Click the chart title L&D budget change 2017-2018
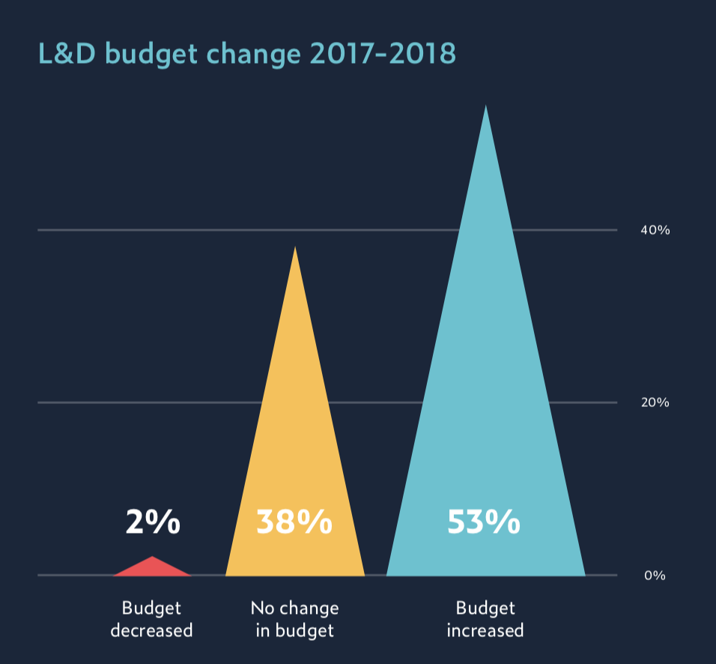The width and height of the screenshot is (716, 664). click(x=246, y=54)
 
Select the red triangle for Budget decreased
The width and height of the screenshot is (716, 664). click(x=152, y=569)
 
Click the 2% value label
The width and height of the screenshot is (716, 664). click(x=153, y=522)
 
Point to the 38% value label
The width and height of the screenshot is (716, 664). click(x=294, y=522)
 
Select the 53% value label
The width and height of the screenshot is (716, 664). click(x=483, y=522)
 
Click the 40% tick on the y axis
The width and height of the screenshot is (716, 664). click(x=655, y=230)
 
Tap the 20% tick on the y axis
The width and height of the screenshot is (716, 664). click(x=655, y=402)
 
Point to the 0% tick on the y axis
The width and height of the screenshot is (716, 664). click(x=655, y=576)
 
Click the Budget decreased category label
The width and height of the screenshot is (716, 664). click(x=151, y=619)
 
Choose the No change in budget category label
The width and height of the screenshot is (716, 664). click(x=294, y=619)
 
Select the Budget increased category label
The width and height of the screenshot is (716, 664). click(x=485, y=619)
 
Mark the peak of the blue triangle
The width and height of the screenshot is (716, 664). click(x=485, y=107)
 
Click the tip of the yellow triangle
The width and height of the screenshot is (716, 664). click(x=295, y=248)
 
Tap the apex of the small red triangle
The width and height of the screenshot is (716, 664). click(x=152, y=558)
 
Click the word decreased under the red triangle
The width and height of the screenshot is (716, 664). click(x=151, y=630)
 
